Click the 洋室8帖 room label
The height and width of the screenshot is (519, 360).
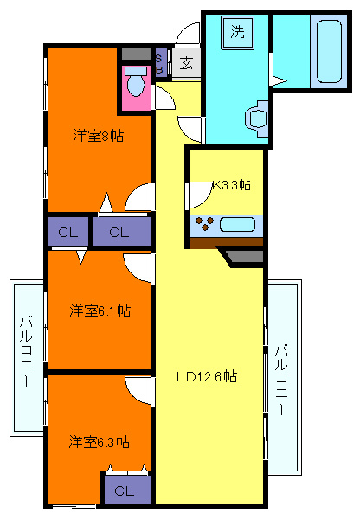pos(97,135)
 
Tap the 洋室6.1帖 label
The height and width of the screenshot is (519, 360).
pos(100,309)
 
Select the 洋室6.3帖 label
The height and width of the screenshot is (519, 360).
pos(100,441)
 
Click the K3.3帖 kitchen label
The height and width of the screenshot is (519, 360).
pos(232,184)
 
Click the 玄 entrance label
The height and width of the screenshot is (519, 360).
pos(186,62)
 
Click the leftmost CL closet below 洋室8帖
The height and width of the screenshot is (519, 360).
pos(68,232)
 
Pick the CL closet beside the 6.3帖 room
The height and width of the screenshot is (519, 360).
pos(125,490)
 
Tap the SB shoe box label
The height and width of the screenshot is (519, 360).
pos(159,63)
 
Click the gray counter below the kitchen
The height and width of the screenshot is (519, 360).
pos(244,256)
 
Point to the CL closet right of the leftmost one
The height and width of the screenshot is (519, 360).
pos(119,232)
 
